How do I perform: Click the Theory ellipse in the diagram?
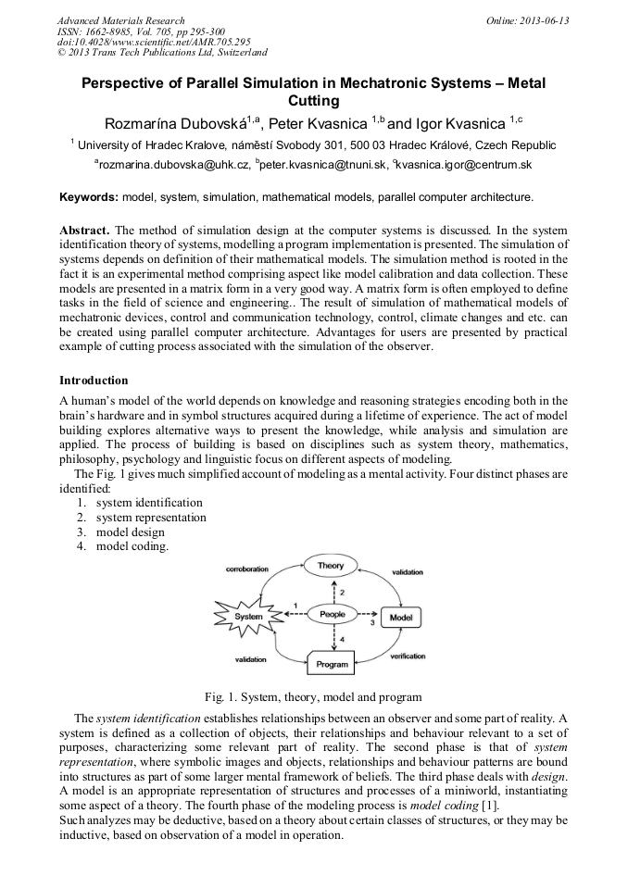tap(331, 566)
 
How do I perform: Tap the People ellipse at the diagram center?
tap(331, 614)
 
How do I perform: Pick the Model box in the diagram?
tap(400, 617)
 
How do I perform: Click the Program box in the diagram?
tap(332, 664)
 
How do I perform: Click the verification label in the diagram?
tap(408, 656)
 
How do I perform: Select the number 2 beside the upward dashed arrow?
tap(342, 591)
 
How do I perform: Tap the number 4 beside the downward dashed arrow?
tap(342, 639)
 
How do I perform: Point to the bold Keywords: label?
tap(88, 197)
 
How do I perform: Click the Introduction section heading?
tap(94, 381)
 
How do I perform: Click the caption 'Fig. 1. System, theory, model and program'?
tap(313, 696)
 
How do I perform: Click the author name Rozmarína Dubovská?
tap(174, 123)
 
